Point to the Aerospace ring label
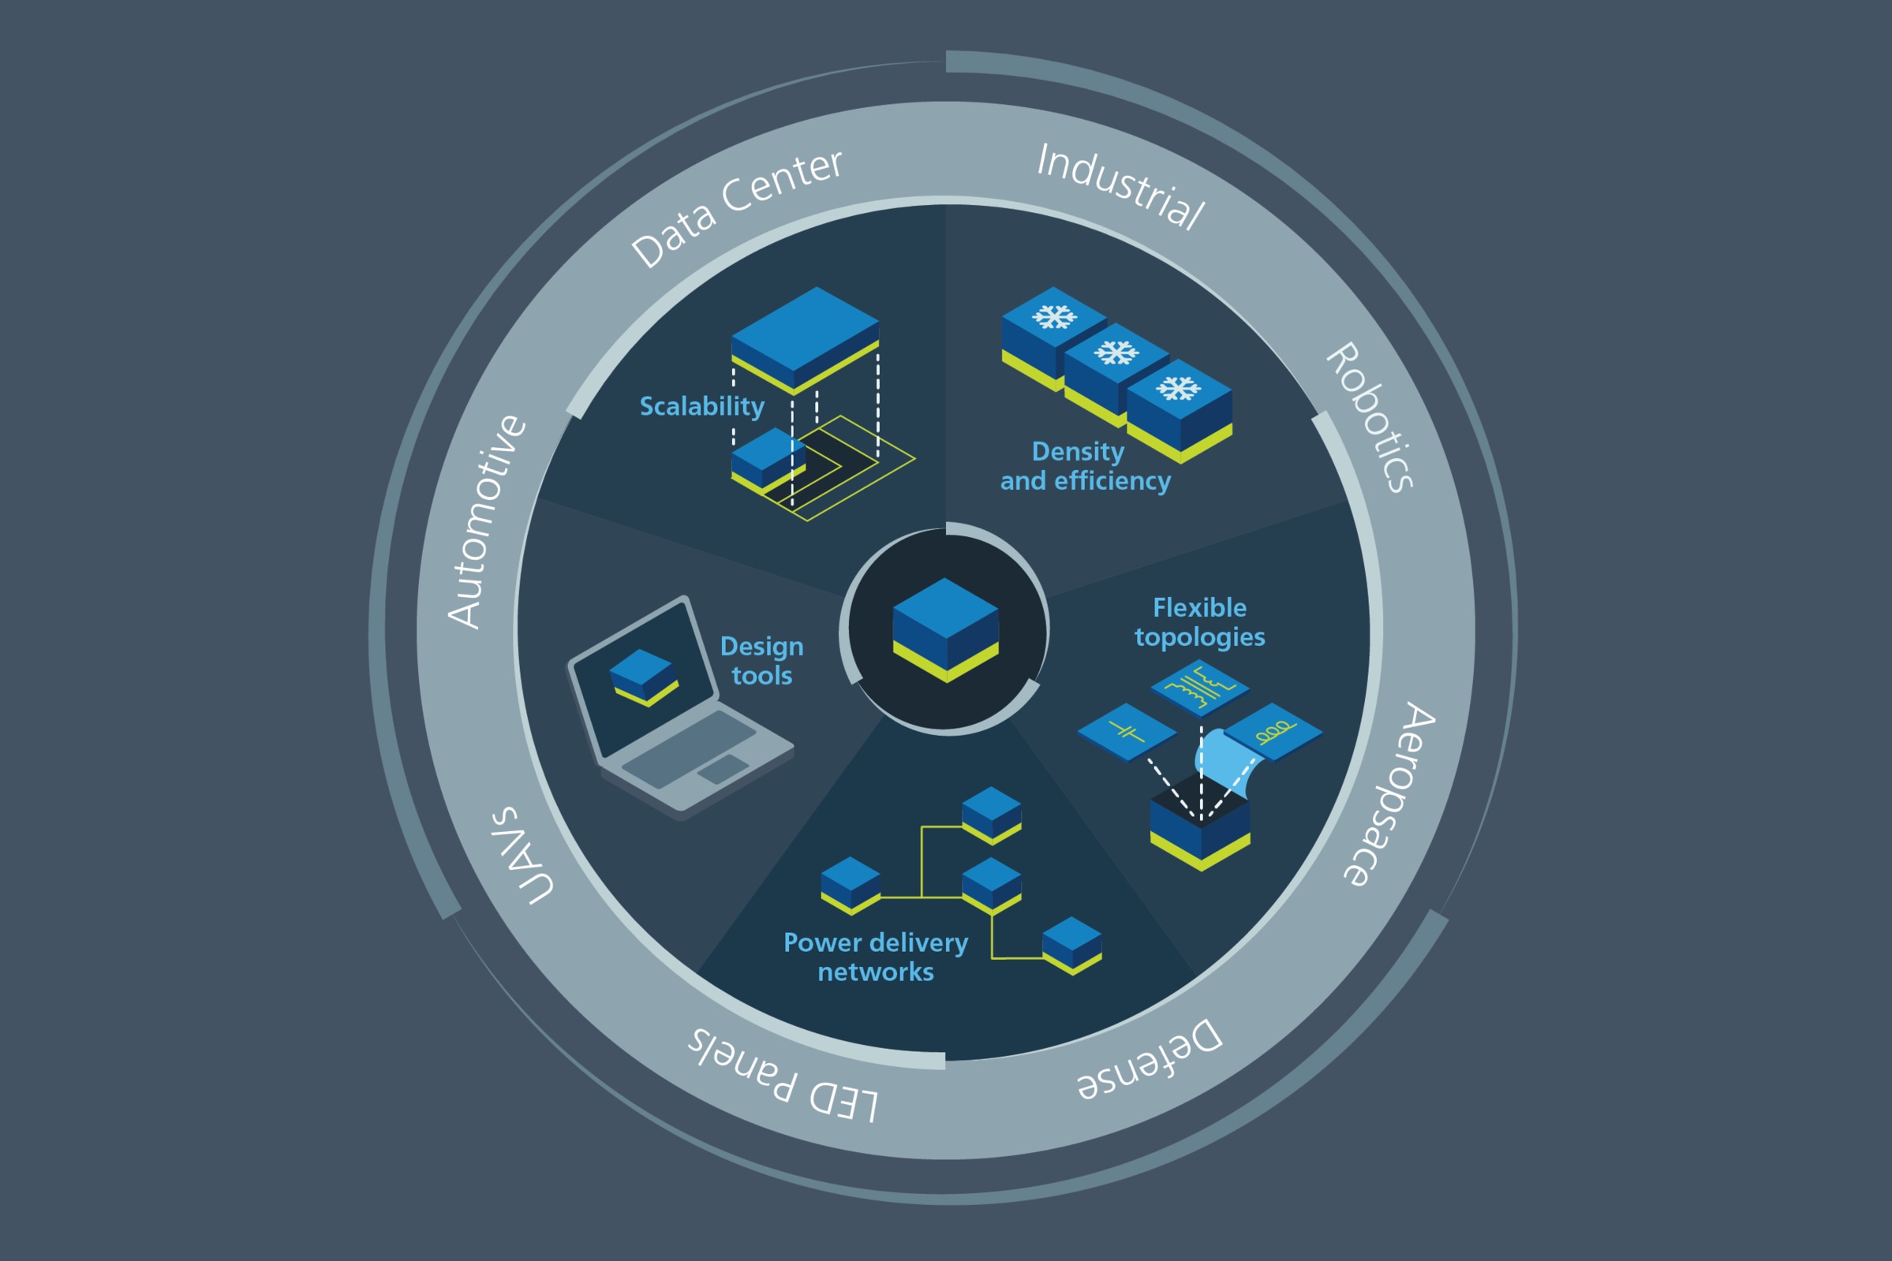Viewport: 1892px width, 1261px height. (x=1389, y=795)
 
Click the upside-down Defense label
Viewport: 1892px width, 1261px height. (x=1150, y=1059)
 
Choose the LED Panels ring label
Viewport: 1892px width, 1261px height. (x=782, y=1074)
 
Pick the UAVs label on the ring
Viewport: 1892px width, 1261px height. (x=522, y=855)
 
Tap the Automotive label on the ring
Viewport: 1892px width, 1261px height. (x=487, y=521)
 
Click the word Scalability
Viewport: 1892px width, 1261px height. (x=701, y=407)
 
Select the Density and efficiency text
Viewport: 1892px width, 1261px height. (x=1085, y=465)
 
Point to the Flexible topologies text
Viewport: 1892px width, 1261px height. (x=1199, y=621)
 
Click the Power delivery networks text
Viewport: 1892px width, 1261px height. (x=875, y=957)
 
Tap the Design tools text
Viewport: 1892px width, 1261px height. (x=761, y=660)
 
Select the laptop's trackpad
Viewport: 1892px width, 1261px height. (x=723, y=769)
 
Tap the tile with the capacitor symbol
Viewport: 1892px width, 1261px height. (x=1127, y=732)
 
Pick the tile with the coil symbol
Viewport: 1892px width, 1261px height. (x=1273, y=732)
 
